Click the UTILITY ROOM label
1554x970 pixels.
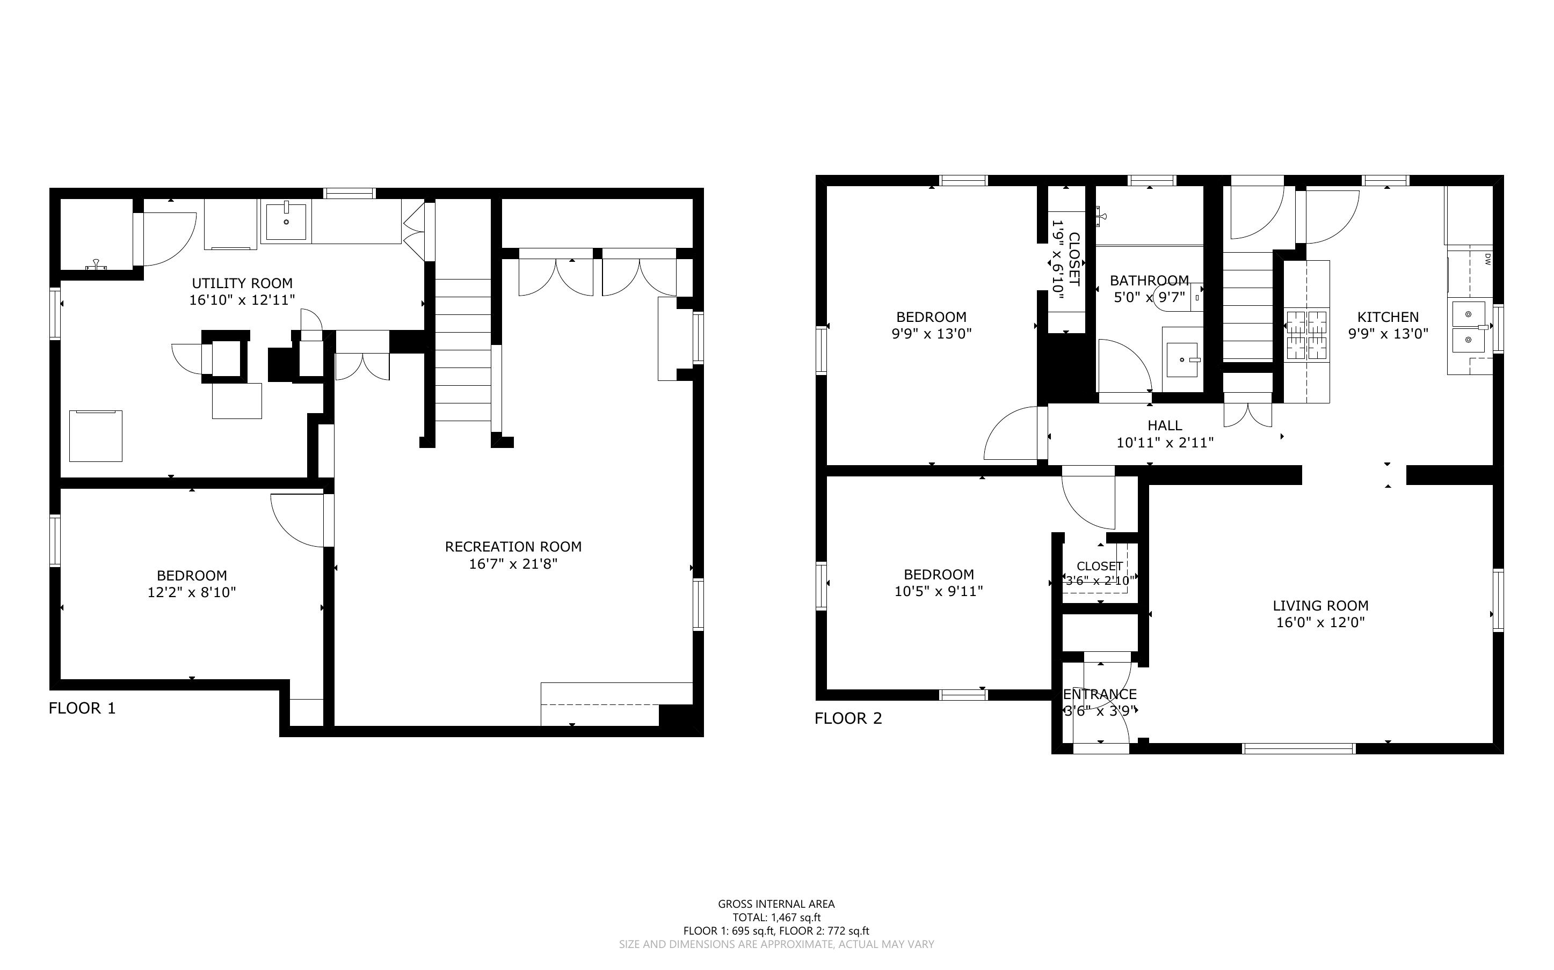click(242, 283)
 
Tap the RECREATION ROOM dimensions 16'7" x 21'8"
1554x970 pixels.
click(513, 564)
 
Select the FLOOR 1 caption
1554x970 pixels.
click(82, 708)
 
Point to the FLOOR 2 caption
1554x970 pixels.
click(848, 718)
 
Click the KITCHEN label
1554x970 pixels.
click(1388, 317)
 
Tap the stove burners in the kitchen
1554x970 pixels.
click(1306, 334)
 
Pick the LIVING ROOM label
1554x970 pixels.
click(1320, 606)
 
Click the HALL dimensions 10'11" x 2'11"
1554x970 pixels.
click(1165, 443)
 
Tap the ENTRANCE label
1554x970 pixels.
click(1100, 694)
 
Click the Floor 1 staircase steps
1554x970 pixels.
click(463, 350)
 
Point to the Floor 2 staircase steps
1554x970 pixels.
click(1248, 306)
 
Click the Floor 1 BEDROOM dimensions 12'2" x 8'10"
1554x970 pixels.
click(191, 592)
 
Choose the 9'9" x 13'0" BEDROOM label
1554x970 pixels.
click(931, 317)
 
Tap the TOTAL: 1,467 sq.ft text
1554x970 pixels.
click(776, 917)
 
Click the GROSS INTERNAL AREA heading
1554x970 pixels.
click(776, 904)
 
